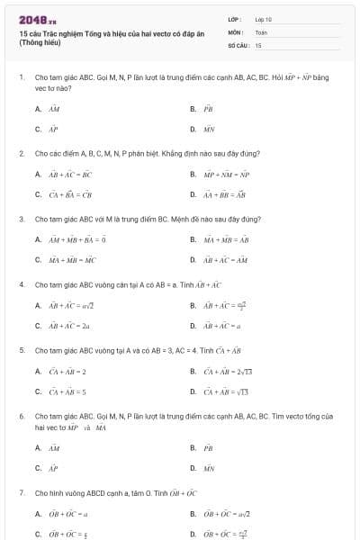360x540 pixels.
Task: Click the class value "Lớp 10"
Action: (264, 18)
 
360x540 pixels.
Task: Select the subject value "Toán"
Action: (261, 31)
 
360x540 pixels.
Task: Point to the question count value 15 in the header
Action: (258, 44)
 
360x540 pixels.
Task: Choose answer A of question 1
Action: (52, 109)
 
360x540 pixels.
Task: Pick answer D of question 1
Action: (208, 129)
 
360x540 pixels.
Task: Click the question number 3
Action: (21, 219)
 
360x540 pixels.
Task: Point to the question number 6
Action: (21, 417)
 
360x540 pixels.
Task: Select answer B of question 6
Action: (208, 447)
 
